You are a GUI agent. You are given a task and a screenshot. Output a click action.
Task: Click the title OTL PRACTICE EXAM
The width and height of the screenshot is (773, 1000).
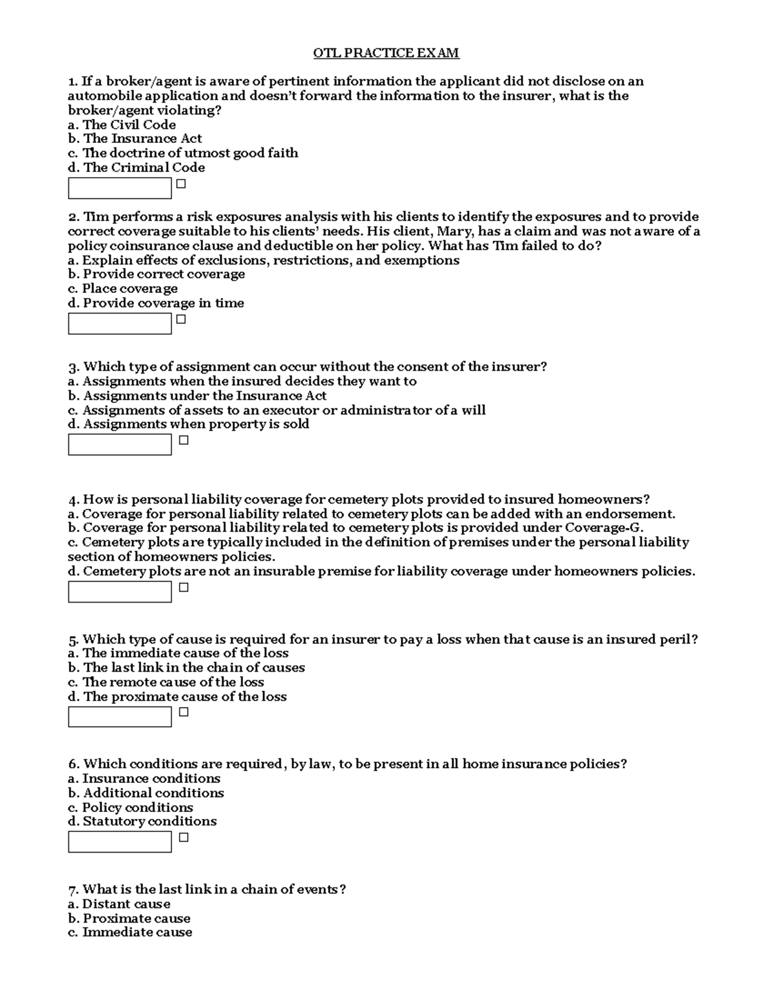coord(386,53)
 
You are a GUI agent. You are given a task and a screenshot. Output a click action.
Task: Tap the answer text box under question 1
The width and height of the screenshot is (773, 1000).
coord(120,188)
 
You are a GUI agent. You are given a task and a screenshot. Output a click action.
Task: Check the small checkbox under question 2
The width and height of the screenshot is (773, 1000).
coord(181,319)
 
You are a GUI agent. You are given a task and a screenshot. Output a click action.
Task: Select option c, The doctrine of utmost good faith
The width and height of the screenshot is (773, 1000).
coord(183,153)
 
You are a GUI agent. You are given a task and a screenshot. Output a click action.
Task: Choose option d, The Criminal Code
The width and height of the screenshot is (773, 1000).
coord(137,167)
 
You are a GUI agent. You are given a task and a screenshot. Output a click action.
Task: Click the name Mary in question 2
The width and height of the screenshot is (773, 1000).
coord(454,232)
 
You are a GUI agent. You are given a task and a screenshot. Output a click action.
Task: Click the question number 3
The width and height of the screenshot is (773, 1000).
coord(73,367)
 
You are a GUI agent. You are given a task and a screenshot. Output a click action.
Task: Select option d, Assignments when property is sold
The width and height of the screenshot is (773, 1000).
coord(189,424)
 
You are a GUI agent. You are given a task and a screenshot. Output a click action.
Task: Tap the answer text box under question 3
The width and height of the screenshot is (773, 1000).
coord(120,444)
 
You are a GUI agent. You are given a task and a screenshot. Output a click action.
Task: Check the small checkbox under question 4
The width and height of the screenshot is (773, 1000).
coord(184,587)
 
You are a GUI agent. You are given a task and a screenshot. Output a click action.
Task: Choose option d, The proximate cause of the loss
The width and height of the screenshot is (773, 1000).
coord(177,697)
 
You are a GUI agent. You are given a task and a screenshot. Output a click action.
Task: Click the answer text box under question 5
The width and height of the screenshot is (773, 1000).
coord(120,717)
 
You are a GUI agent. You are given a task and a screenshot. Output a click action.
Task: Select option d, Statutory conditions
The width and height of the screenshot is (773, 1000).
coord(142,822)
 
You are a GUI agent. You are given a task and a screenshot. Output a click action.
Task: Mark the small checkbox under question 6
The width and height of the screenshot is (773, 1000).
coord(184,838)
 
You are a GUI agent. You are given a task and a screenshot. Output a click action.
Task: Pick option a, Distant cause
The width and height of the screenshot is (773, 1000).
coord(119,904)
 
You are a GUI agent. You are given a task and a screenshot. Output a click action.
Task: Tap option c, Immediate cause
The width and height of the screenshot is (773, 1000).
coord(130,932)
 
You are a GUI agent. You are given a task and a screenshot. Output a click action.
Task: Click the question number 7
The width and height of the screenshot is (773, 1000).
coord(73,890)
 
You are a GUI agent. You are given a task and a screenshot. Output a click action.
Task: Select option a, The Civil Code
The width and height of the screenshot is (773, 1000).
coord(122,125)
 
